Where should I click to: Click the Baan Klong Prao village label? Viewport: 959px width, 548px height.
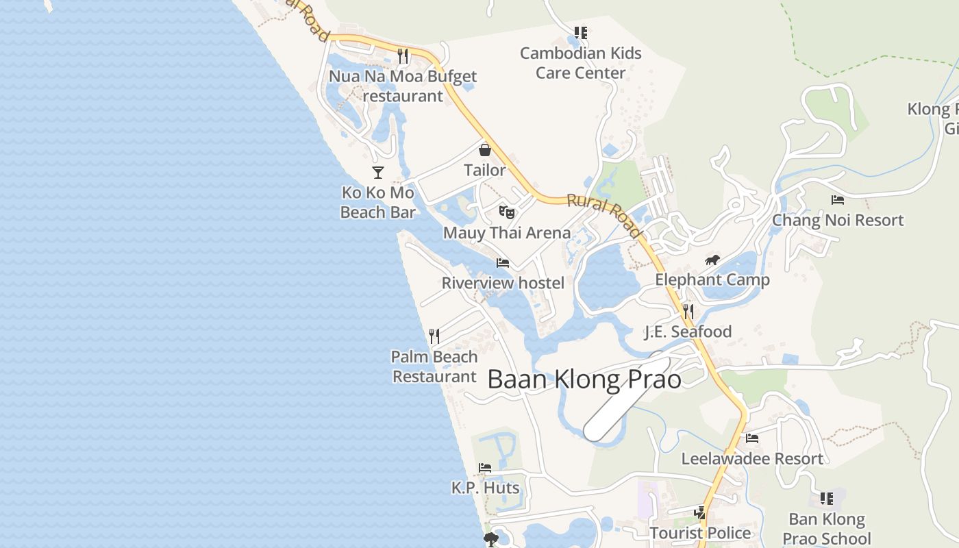[x=584, y=379]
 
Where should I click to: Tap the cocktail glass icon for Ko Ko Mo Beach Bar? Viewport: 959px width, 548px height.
[x=377, y=172]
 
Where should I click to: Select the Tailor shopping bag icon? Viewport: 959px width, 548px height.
[x=485, y=149]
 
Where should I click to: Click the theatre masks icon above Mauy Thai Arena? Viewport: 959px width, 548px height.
[x=506, y=212]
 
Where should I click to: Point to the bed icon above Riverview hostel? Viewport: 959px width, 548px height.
[x=503, y=262]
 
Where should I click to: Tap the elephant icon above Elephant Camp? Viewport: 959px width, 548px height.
[x=712, y=260]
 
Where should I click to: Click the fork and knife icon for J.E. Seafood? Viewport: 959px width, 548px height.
[x=688, y=312]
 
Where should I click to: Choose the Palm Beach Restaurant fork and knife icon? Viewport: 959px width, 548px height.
[x=434, y=336]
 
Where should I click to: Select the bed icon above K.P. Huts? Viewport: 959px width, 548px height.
[x=485, y=468]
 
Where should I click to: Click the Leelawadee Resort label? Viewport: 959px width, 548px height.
[x=752, y=458]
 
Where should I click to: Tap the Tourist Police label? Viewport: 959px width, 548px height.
[x=700, y=533]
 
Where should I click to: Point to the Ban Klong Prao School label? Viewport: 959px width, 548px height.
[x=827, y=529]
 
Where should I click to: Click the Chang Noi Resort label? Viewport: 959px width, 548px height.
[x=838, y=220]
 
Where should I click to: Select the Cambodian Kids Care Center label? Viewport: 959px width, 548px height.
[x=581, y=62]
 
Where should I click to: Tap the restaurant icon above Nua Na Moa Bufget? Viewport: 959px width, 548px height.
[x=403, y=55]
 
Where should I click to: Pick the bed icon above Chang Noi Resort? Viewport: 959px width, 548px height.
[x=837, y=200]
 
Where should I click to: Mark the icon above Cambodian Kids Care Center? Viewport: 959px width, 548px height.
[x=581, y=32]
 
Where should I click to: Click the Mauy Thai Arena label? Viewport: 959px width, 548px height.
[x=507, y=233]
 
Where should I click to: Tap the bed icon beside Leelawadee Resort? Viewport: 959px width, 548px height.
[x=752, y=438]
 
